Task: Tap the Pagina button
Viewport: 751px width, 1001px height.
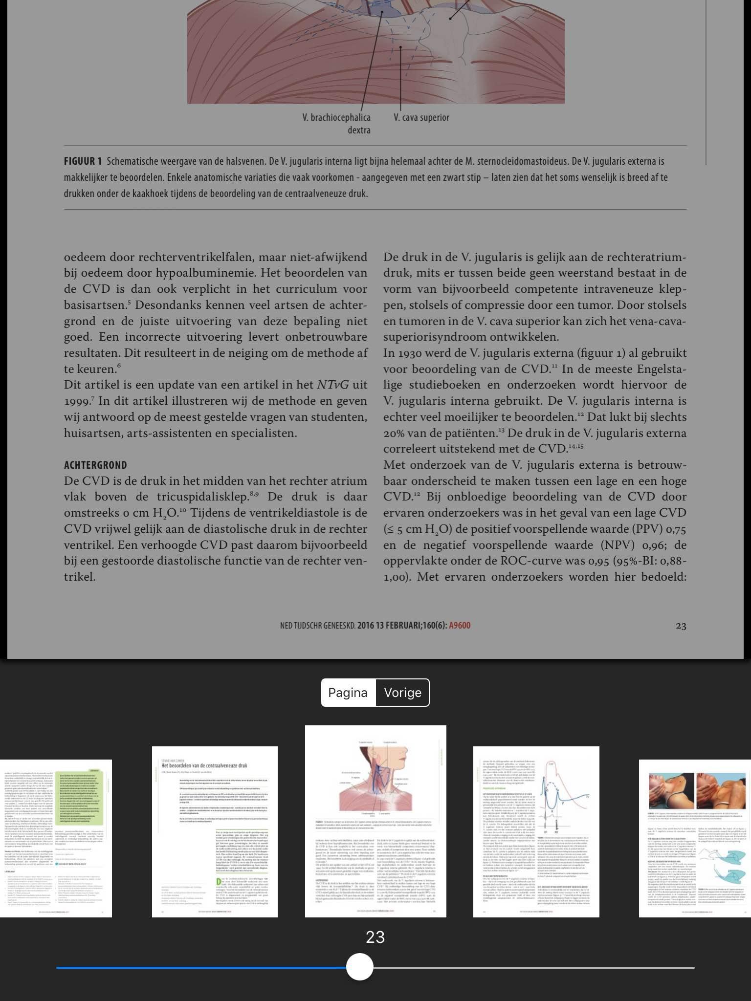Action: click(x=348, y=693)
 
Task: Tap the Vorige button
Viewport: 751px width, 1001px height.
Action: click(x=402, y=693)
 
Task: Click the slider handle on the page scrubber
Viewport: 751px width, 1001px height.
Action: click(x=360, y=967)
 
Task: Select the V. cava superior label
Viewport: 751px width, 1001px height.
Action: click(x=421, y=118)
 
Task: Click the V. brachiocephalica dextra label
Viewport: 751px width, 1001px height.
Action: click(x=337, y=124)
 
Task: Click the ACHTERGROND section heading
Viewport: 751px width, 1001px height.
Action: click(x=95, y=465)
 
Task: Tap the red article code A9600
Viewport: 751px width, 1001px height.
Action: click(x=460, y=625)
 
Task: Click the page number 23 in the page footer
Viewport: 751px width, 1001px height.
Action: click(x=681, y=626)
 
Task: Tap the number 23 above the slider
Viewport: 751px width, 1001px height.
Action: click(x=375, y=937)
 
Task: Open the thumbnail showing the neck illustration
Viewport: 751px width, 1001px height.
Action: click(x=375, y=821)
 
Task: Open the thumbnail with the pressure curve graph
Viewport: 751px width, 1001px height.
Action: click(x=536, y=831)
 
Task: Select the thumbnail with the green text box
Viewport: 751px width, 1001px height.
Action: click(x=56, y=838)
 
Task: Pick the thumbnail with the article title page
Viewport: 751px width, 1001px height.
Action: click(x=215, y=831)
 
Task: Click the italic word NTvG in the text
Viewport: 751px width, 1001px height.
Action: click(x=333, y=385)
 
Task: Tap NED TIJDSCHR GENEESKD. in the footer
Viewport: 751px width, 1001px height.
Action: click(x=317, y=625)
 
